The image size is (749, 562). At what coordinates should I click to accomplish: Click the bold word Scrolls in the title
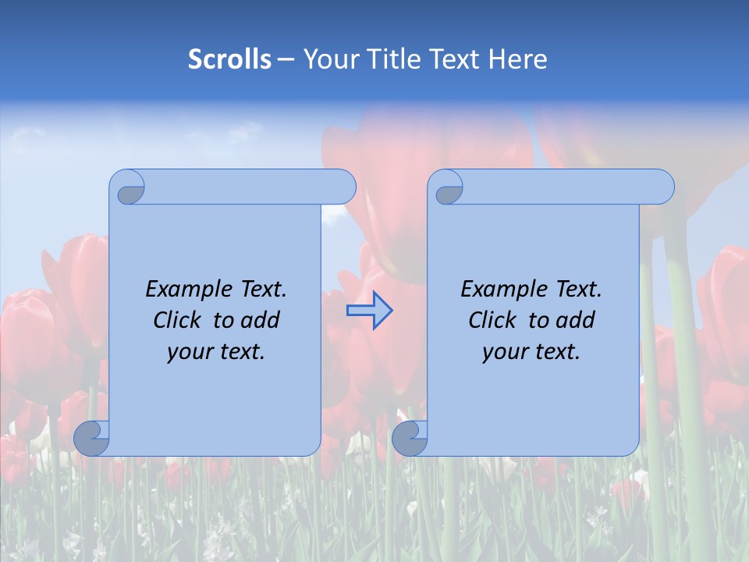pos(229,59)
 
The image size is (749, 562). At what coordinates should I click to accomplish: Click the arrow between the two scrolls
pos(369,311)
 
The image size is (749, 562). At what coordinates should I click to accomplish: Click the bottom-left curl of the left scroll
pos(91,439)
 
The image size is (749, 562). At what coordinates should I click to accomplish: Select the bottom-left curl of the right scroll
pos(409,439)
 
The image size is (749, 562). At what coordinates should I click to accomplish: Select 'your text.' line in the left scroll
pos(216,351)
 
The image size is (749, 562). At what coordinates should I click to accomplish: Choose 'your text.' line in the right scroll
pos(531,351)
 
